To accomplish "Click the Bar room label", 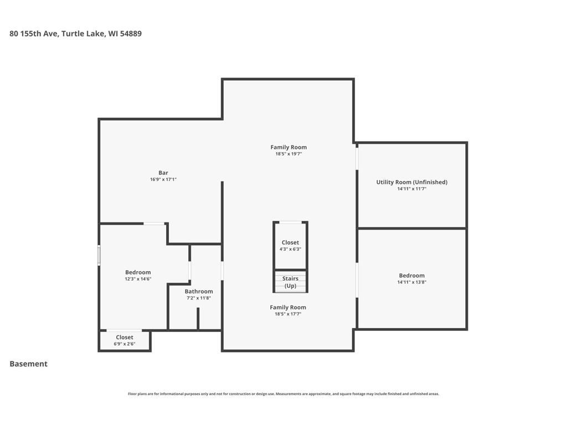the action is pos(163,173).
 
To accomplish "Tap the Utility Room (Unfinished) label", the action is pos(412,182).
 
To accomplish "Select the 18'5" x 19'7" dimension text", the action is pos(288,154).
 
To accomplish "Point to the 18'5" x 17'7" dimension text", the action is pos(288,314).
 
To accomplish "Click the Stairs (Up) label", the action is pos(290,282).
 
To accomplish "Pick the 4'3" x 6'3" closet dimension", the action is pos(290,250).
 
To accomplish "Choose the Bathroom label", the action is pos(199,291).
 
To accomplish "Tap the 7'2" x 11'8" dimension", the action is pos(199,298).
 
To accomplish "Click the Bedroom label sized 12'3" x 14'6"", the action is pos(138,272).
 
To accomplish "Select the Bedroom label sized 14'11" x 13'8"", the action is pos(412,276).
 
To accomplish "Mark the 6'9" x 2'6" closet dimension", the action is pos(125,344).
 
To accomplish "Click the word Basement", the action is pos(29,364).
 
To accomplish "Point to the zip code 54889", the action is pos(131,34).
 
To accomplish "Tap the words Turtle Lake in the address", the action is pos(84,34).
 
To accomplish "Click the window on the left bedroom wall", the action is pos(99,256).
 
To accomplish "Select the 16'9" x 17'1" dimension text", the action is pos(163,180).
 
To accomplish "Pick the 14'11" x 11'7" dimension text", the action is pos(412,189).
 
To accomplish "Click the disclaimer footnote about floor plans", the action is pos(283,394).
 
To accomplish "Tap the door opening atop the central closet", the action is pos(291,222).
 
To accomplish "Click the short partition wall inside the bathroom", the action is pos(198,318).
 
